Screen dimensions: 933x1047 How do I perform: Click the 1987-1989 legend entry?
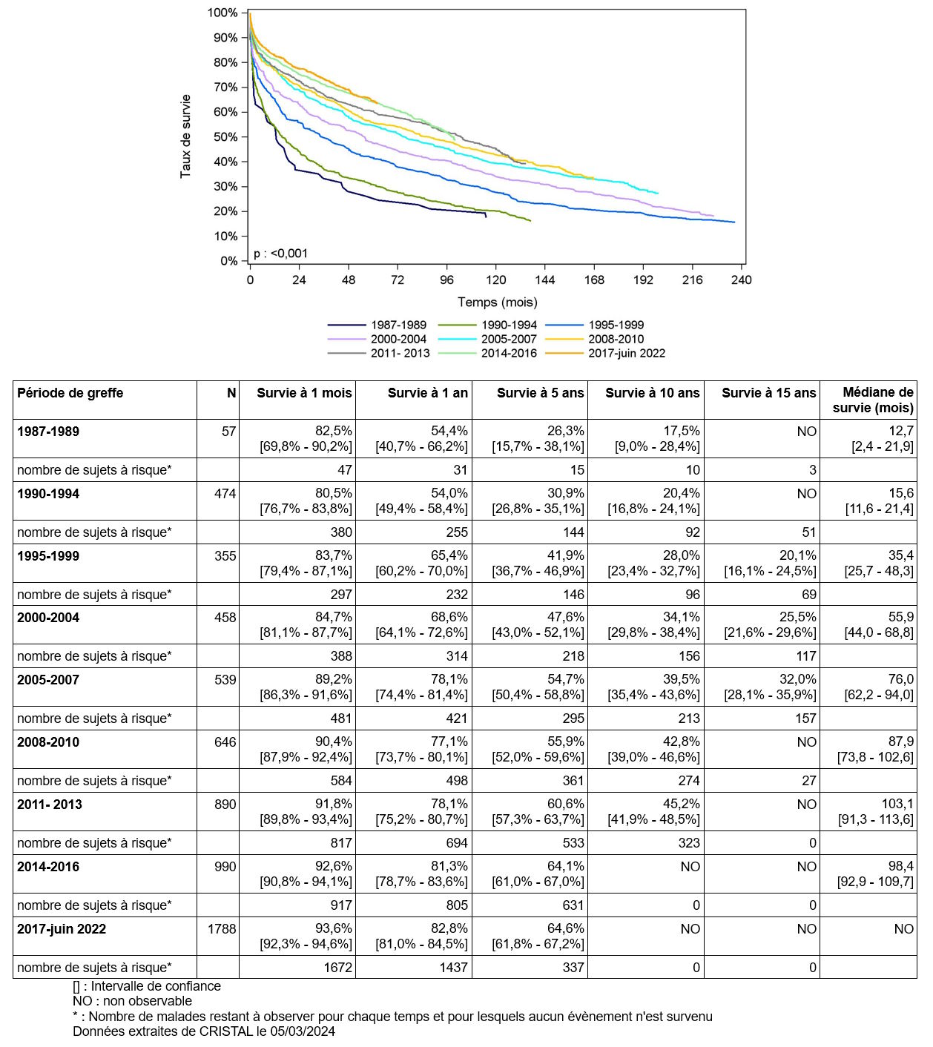[x=377, y=325]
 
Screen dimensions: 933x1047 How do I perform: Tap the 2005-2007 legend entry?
[x=487, y=339]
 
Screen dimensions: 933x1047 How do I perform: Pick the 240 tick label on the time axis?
[x=741, y=280]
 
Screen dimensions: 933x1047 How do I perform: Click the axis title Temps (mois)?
[x=497, y=303]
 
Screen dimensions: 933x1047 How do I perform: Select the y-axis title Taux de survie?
[x=185, y=136]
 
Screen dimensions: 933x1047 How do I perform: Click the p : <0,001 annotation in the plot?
[x=280, y=254]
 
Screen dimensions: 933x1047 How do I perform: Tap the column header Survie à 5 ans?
[x=540, y=393]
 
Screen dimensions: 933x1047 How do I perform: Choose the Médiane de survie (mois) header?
[x=873, y=400]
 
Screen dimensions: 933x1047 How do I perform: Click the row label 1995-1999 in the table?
[x=48, y=557]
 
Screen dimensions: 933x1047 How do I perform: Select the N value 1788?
[x=222, y=929]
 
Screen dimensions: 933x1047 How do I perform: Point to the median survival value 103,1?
[x=897, y=804]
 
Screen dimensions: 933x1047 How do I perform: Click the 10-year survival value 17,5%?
[x=682, y=431]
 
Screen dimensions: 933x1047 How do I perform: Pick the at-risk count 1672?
[x=337, y=968]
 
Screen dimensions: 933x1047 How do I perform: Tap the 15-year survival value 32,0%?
[x=797, y=679]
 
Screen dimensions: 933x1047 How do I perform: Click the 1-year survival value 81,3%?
[x=449, y=867]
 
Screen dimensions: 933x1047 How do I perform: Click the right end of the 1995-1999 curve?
[x=734, y=222]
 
